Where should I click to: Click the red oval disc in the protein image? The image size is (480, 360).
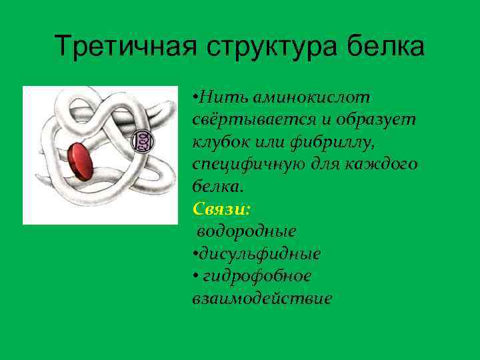pyautogui.click(x=78, y=161)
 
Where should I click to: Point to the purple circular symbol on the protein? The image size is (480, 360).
pyautogui.click(x=142, y=140)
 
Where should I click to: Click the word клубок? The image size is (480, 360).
pyautogui.click(x=220, y=141)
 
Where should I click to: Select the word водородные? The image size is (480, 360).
pyautogui.click(x=247, y=231)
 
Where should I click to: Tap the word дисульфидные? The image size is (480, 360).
pyautogui.click(x=260, y=253)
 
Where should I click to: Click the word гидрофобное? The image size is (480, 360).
pyautogui.click(x=257, y=276)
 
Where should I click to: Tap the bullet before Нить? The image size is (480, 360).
pyautogui.click(x=195, y=97)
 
